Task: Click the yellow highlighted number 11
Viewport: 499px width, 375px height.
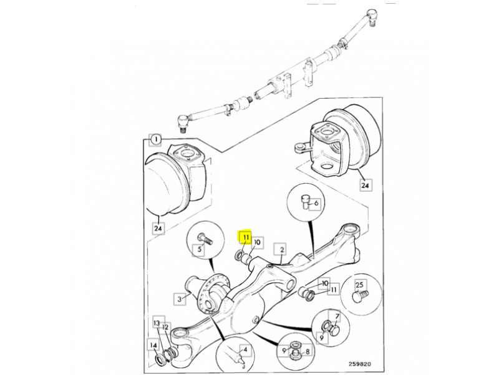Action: (x=246, y=237)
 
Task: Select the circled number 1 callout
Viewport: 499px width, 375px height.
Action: (x=155, y=139)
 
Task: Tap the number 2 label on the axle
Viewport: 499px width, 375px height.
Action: (x=282, y=249)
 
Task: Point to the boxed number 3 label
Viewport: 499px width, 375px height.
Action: (x=180, y=299)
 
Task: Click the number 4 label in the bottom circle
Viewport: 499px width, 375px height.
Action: (x=245, y=349)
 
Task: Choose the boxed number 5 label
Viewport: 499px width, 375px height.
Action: (x=200, y=249)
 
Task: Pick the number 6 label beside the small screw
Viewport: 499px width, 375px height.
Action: (x=316, y=202)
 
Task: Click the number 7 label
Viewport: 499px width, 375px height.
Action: (x=337, y=317)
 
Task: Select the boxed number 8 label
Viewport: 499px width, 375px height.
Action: (x=307, y=352)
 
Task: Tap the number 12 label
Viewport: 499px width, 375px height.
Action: (x=165, y=327)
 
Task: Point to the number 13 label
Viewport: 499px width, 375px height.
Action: (x=157, y=322)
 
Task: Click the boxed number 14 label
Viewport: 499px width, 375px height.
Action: (x=153, y=346)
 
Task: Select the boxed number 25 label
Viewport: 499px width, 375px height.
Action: (x=359, y=285)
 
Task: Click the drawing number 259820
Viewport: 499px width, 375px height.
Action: (x=359, y=364)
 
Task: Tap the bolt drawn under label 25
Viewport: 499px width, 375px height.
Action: (x=361, y=295)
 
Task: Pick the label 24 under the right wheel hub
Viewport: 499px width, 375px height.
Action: (x=366, y=185)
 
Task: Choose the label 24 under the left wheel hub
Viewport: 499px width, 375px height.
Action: (x=158, y=228)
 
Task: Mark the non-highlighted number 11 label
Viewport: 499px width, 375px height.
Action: (x=333, y=290)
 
